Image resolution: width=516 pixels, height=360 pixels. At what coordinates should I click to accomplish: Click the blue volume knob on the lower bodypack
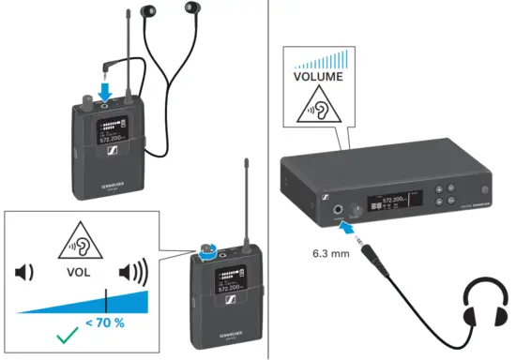pyautogui.click(x=205, y=250)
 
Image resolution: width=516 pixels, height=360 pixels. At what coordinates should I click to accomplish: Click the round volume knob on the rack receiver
pyautogui.click(x=357, y=210)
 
